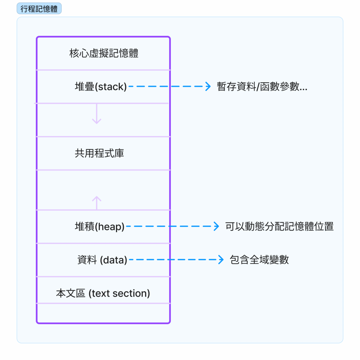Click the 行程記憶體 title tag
point(39,9)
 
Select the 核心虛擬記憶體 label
point(104,53)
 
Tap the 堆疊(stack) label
point(101,86)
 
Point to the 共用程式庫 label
point(99,153)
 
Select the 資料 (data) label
point(102,260)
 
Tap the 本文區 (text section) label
point(103,293)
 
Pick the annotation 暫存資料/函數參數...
point(262,87)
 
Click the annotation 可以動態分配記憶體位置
point(279,226)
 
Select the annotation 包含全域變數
point(259,260)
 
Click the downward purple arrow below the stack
point(97,116)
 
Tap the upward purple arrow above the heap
point(97,202)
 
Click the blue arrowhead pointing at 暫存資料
point(208,86)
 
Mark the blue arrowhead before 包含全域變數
point(221,260)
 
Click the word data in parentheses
point(114,260)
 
